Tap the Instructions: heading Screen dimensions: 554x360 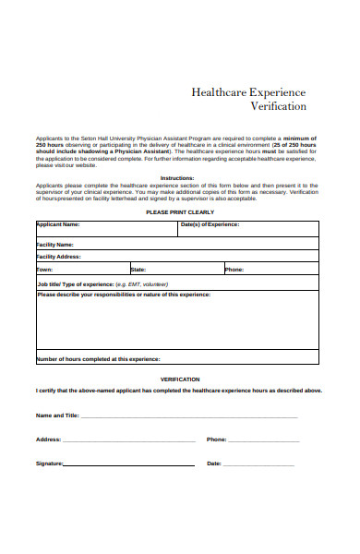pos(177,177)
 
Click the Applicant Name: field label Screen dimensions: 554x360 pos(58,224)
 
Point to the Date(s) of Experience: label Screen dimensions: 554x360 pos(235,224)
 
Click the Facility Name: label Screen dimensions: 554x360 pos(56,244)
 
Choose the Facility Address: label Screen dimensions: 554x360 pos(59,257)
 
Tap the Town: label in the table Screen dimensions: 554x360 pos(44,270)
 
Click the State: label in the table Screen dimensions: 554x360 pos(138,270)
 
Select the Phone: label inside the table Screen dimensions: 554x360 pos(234,270)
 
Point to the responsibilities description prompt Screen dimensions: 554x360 pos(124,295)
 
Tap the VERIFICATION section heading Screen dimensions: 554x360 pos(179,379)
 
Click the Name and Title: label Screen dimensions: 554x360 pos(57,415)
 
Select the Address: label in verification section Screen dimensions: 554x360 pos(48,440)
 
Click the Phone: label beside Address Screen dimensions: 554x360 pos(216,440)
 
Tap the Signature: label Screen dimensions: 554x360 pos(50,464)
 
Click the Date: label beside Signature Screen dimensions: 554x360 pos(214,464)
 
